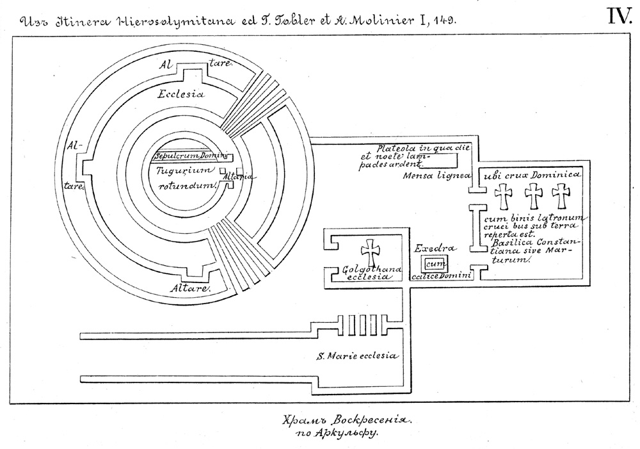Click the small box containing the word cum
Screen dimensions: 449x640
435,264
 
